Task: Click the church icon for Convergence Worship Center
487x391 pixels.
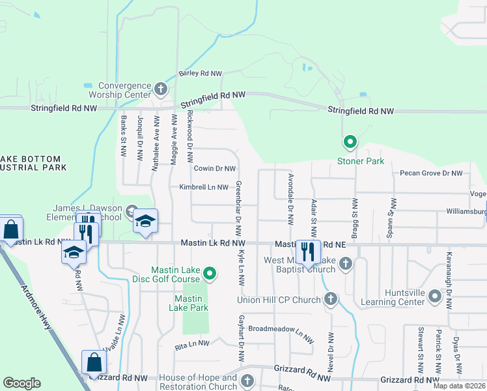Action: click(x=161, y=88)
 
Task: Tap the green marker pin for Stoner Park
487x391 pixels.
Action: click(x=350, y=141)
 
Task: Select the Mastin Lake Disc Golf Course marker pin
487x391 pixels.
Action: click(x=209, y=274)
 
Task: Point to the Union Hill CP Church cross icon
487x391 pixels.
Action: click(x=331, y=299)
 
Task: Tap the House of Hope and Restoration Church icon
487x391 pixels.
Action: click(x=247, y=381)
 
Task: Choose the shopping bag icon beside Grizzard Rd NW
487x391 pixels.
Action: click(x=94, y=362)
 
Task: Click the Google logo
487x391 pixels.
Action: click(x=21, y=383)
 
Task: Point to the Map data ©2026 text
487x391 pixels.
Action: click(x=459, y=386)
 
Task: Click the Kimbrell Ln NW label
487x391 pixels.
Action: click(x=204, y=187)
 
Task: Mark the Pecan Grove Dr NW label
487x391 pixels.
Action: click(x=432, y=173)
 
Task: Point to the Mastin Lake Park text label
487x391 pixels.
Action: click(x=191, y=303)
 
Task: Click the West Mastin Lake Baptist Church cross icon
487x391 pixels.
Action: click(x=346, y=264)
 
